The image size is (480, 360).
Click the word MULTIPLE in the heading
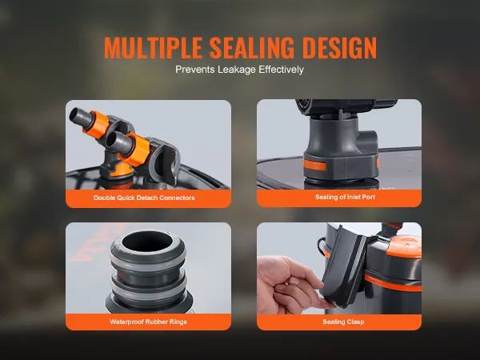pos(153,48)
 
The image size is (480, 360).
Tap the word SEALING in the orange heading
pos(252,48)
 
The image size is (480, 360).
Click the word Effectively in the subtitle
pos(281,70)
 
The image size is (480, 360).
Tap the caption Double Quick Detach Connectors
pos(144,198)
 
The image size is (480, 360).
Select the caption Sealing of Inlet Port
pos(345,197)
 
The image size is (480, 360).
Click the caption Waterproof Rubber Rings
pos(148,322)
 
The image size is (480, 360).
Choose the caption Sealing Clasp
pos(343,322)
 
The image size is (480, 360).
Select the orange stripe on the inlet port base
pos(314,166)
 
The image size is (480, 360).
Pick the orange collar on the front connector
pos(134,150)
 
